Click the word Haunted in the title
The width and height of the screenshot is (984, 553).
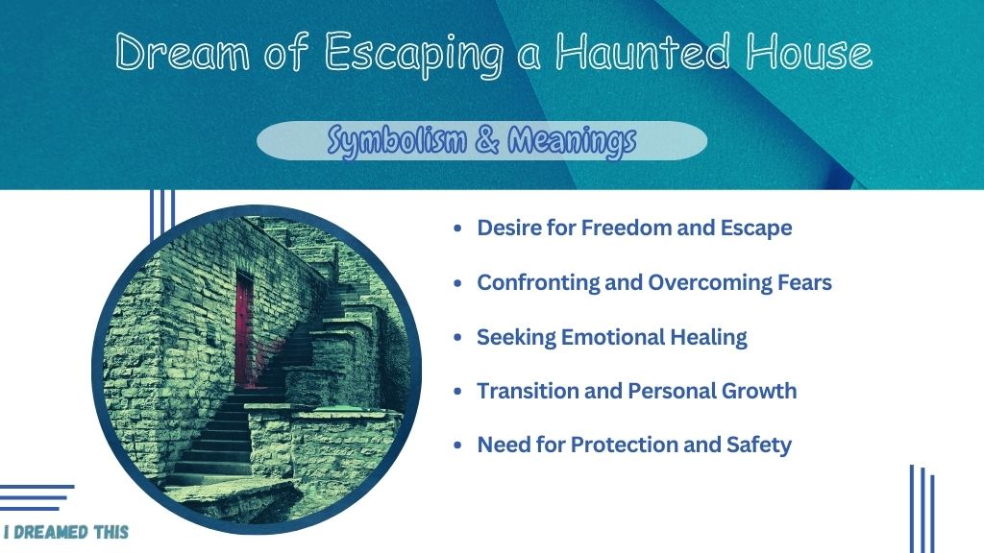pyautogui.click(x=644, y=52)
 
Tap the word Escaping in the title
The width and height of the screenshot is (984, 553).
pyautogui.click(x=414, y=55)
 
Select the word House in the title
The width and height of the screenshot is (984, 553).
pyautogui.click(x=809, y=52)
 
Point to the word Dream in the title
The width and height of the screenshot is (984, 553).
pyautogui.click(x=182, y=52)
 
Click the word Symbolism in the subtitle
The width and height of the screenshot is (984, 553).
pyautogui.click(x=397, y=140)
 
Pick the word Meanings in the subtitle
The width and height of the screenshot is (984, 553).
pyautogui.click(x=572, y=140)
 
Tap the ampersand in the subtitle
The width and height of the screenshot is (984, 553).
pyautogui.click(x=487, y=139)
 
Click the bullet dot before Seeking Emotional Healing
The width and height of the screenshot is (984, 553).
pyautogui.click(x=457, y=337)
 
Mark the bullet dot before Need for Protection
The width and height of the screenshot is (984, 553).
pyautogui.click(x=457, y=445)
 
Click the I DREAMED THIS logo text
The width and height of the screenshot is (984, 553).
pyautogui.click(x=66, y=532)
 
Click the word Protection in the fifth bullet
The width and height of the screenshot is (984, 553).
pyautogui.click(x=625, y=445)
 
